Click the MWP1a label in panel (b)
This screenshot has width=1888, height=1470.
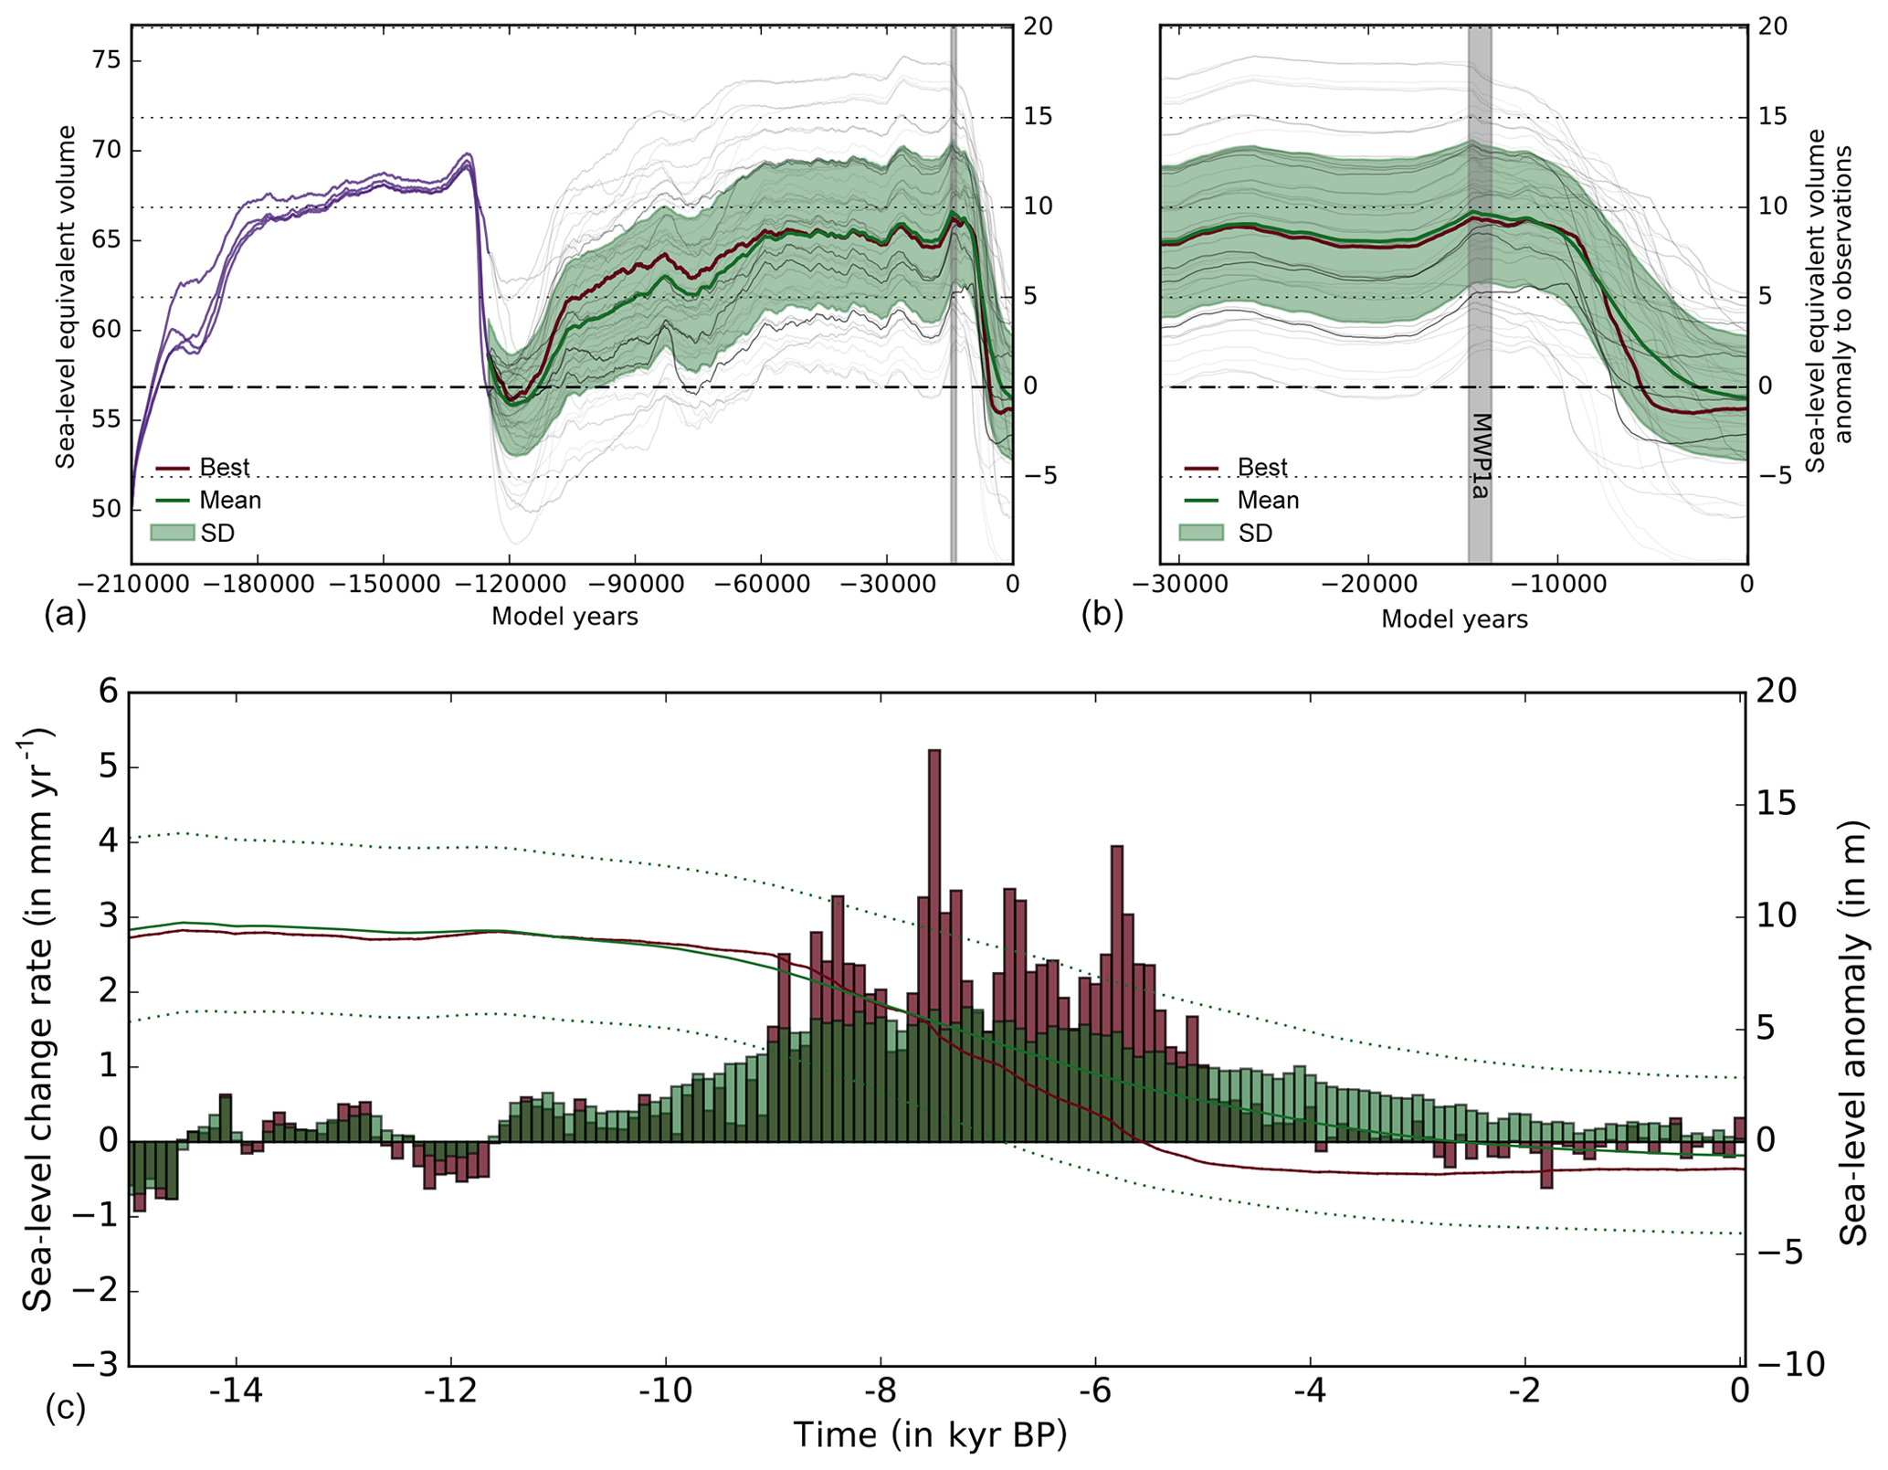[x=1481, y=456]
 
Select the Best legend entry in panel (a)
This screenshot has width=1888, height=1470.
[x=224, y=467]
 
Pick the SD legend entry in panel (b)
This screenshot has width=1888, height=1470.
[x=1254, y=533]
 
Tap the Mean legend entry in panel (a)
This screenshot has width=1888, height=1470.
[x=230, y=500]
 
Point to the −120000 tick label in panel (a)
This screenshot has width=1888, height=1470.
[x=509, y=584]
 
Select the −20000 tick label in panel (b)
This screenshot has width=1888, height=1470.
[x=1367, y=584]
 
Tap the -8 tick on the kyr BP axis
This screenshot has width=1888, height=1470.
[x=881, y=1391]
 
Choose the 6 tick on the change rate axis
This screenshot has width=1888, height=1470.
[x=108, y=692]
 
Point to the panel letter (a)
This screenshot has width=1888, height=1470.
[x=65, y=615]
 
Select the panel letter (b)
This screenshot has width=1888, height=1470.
[x=1102, y=615]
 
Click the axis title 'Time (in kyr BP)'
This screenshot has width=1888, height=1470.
[x=929, y=1435]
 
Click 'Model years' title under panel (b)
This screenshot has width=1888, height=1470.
[x=1454, y=619]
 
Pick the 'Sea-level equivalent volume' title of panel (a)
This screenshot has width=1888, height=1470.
[x=65, y=297]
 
